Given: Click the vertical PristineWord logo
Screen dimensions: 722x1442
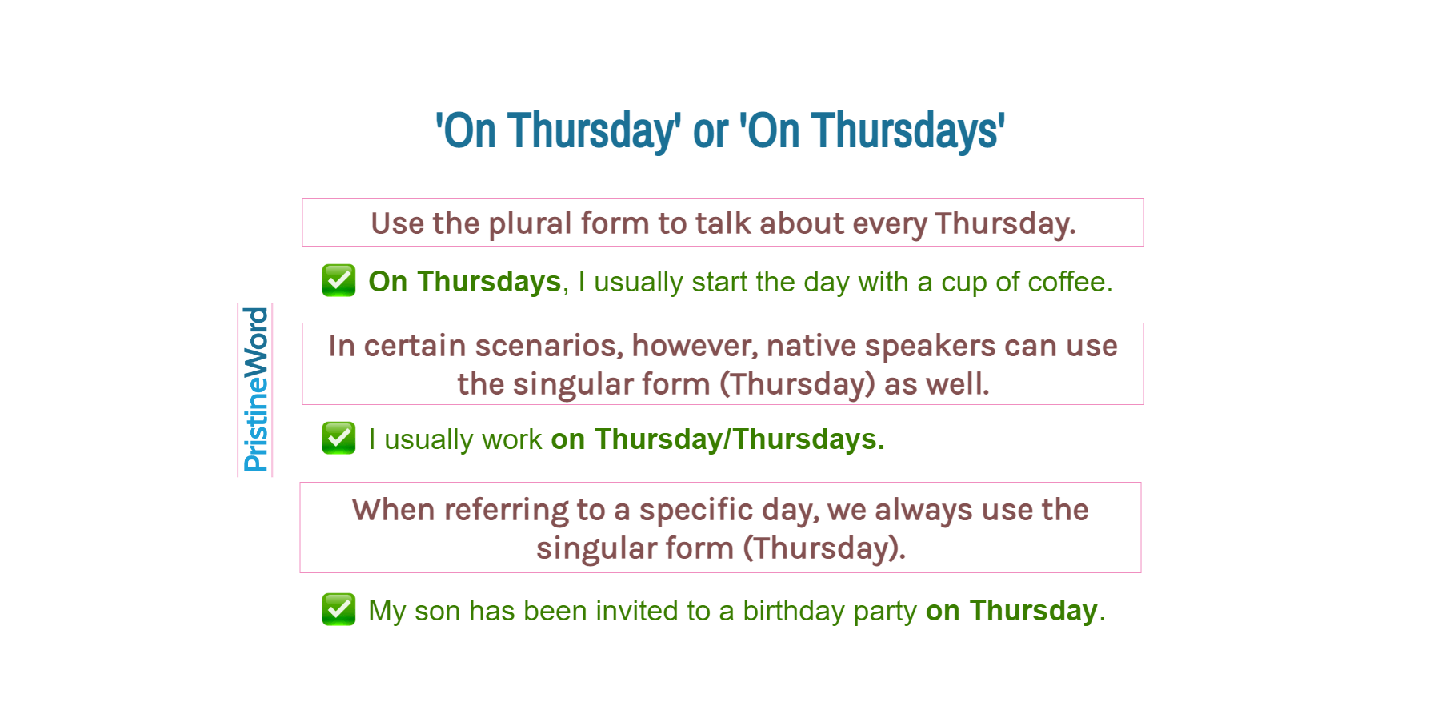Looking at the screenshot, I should click(255, 390).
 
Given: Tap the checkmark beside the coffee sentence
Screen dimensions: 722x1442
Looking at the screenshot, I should click(338, 280).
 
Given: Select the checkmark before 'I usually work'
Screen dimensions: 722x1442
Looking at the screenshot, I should click(338, 438).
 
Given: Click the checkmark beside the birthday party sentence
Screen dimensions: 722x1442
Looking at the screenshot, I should click(338, 609).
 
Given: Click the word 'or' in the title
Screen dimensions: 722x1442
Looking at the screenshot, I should click(710, 131).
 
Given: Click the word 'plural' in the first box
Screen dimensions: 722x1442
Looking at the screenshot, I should click(530, 223).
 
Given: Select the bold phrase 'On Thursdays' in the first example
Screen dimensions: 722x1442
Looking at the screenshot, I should click(464, 282).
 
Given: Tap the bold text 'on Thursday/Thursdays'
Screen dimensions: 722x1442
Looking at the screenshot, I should click(716, 439).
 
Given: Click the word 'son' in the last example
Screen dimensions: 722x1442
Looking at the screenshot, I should click(437, 611).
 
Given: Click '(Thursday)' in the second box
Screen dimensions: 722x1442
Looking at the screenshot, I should click(797, 385).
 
